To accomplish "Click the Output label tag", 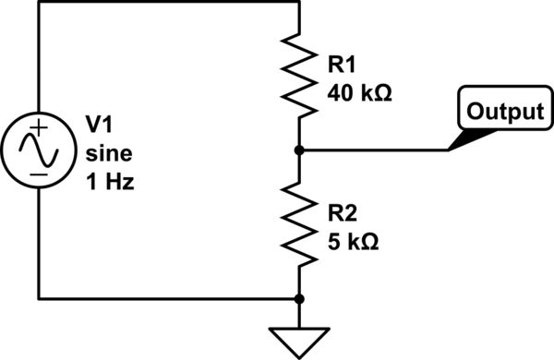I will pyautogui.click(x=503, y=113).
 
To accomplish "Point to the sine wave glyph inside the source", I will pyautogui.click(x=38, y=150).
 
